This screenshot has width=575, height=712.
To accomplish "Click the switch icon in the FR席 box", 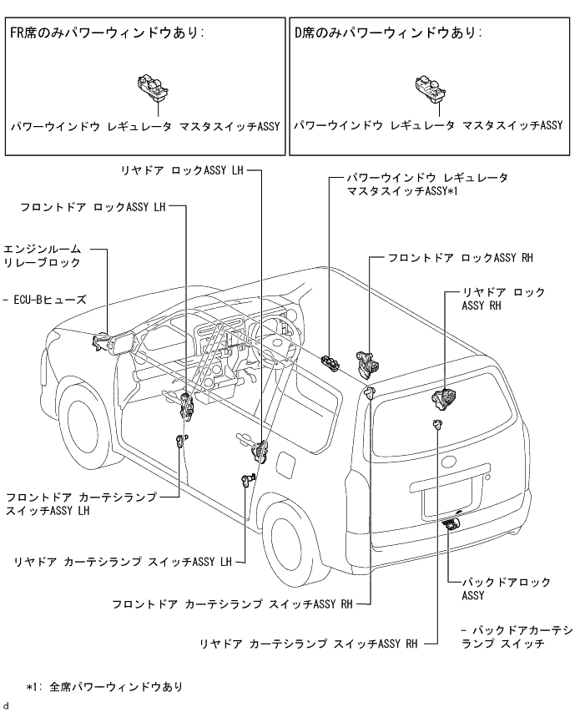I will [x=154, y=87].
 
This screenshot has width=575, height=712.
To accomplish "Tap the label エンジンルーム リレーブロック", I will [x=43, y=255].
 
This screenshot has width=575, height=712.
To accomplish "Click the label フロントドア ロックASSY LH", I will [x=93, y=207].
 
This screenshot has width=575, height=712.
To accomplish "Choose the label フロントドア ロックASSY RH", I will [x=460, y=258].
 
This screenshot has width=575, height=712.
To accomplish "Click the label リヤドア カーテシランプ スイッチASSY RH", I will [x=308, y=644].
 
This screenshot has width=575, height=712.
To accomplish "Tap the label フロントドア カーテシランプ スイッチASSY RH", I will [x=232, y=603].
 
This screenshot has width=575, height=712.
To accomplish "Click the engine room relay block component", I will [x=103, y=341].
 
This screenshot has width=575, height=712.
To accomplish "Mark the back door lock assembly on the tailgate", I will [x=451, y=523].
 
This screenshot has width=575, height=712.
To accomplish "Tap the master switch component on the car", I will [x=330, y=362].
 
